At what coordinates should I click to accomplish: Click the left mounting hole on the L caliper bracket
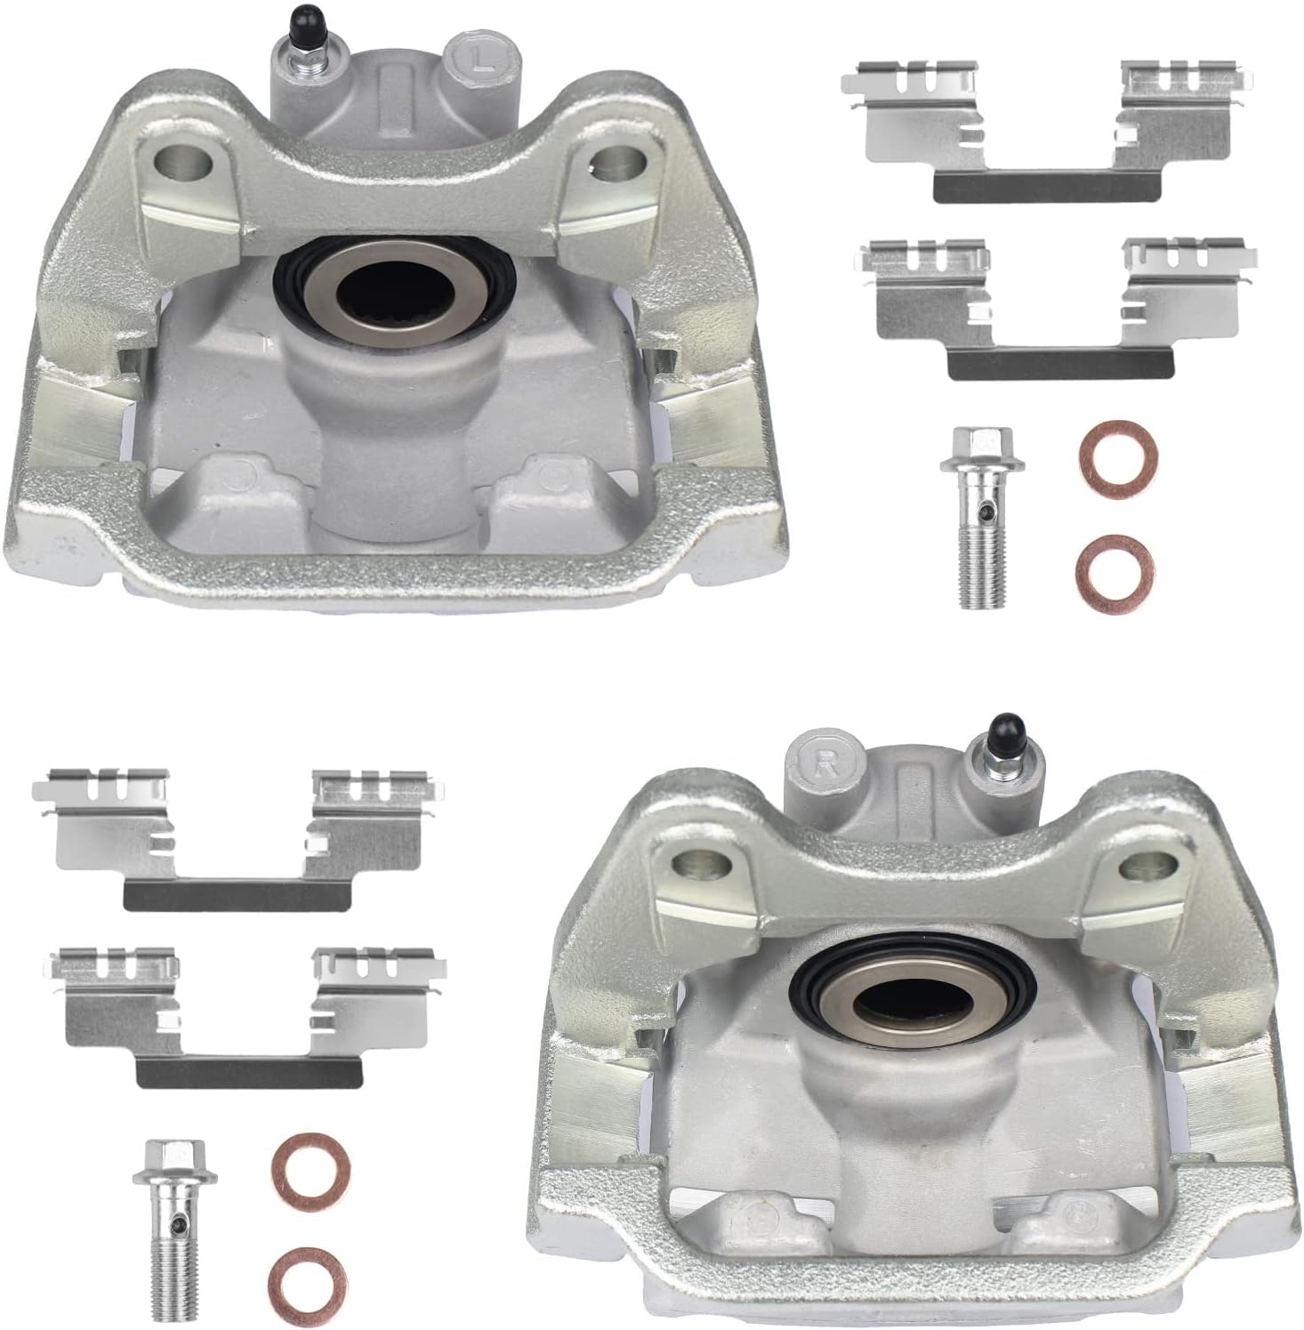tap(183, 163)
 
